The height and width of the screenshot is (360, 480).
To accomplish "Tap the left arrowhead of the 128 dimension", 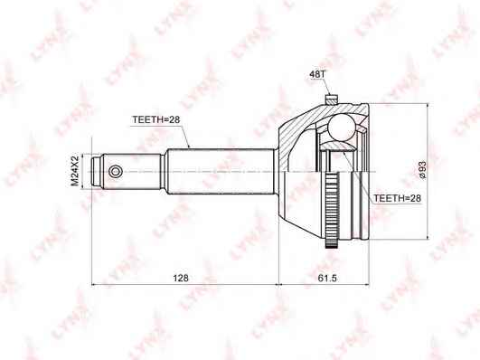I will (x=94, y=289).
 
